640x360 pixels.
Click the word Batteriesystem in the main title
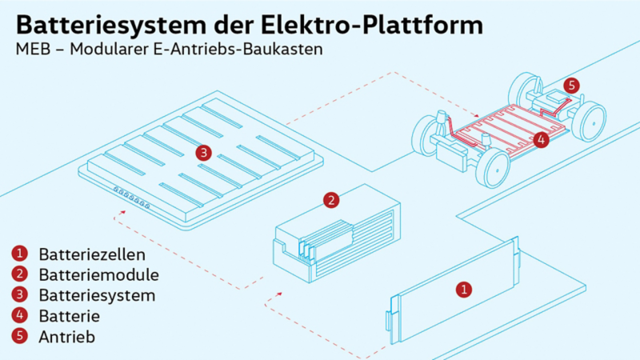click(x=111, y=26)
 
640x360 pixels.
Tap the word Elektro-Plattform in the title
click(x=372, y=25)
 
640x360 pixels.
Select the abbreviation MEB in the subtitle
click(x=33, y=49)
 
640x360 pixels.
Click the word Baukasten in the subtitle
click(x=283, y=49)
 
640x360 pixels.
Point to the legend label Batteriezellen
click(x=92, y=254)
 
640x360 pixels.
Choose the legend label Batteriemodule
click(x=98, y=274)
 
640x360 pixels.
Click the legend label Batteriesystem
click(x=97, y=295)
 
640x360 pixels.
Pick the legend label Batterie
click(x=70, y=316)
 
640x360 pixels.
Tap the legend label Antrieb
click(x=67, y=337)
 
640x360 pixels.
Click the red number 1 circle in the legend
click(x=19, y=254)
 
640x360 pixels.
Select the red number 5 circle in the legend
click(x=19, y=336)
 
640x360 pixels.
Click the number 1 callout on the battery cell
click(x=464, y=290)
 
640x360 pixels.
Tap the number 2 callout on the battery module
click(x=331, y=201)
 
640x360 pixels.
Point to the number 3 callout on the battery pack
click(x=204, y=153)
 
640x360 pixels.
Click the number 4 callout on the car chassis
click(x=542, y=140)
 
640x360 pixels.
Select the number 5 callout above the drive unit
click(x=572, y=86)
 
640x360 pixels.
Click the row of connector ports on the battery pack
click(x=131, y=198)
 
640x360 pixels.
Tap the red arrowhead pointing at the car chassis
click(x=476, y=116)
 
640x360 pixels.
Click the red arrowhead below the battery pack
click(x=122, y=212)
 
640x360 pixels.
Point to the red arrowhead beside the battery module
click(x=279, y=294)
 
